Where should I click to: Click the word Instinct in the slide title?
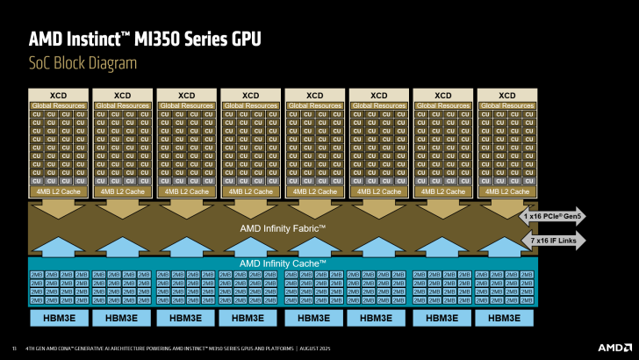[104, 39]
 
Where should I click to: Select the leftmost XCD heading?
[58, 95]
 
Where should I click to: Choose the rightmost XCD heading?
[506, 95]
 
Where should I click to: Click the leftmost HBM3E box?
[58, 318]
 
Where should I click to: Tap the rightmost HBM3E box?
[506, 318]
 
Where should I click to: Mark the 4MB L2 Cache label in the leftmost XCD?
[58, 191]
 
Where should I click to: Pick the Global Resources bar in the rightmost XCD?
[506, 105]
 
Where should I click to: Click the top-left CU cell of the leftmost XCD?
[37, 114]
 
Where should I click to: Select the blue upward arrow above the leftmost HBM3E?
[58, 246]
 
